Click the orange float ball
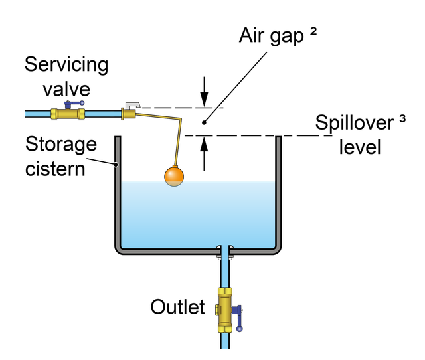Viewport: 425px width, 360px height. click(174, 175)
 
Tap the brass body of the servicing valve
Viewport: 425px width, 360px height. click(67, 114)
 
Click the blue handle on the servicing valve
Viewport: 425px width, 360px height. click(72, 104)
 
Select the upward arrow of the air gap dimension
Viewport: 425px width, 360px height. click(204, 151)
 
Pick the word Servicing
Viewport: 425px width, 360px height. click(66, 65)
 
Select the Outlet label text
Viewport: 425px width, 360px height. click(177, 308)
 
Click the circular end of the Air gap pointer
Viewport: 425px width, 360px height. click(203, 124)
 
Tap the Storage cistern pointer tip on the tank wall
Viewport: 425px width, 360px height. click(116, 165)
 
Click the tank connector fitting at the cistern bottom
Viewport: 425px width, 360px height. click(226, 250)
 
